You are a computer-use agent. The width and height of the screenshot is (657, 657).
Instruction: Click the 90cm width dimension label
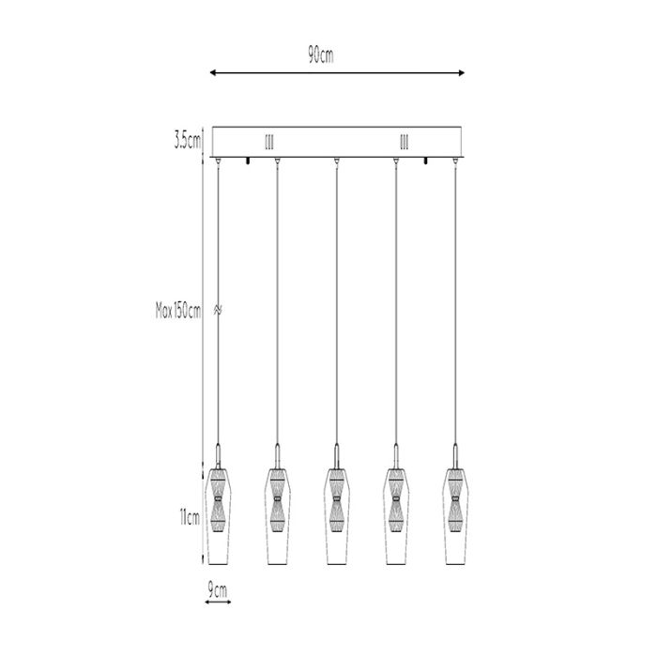pyautogui.click(x=321, y=54)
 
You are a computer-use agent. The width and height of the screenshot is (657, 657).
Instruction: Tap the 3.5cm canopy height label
pyautogui.click(x=188, y=141)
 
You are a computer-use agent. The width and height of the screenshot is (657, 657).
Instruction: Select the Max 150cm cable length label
pyautogui.click(x=178, y=311)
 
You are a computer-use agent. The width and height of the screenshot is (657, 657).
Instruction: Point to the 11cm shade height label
pyautogui.click(x=190, y=518)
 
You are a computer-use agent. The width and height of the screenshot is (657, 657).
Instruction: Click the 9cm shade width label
pyautogui.click(x=218, y=590)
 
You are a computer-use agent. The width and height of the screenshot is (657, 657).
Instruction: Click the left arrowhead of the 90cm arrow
pyautogui.click(x=212, y=73)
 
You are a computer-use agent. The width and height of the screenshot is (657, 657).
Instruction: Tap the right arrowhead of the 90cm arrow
pyautogui.click(x=462, y=73)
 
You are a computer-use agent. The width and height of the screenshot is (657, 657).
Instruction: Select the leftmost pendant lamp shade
pyautogui.click(x=218, y=516)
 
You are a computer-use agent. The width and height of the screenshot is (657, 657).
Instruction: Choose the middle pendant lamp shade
pyautogui.click(x=336, y=516)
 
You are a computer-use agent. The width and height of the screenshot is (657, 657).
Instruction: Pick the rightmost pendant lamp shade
pyautogui.click(x=455, y=516)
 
